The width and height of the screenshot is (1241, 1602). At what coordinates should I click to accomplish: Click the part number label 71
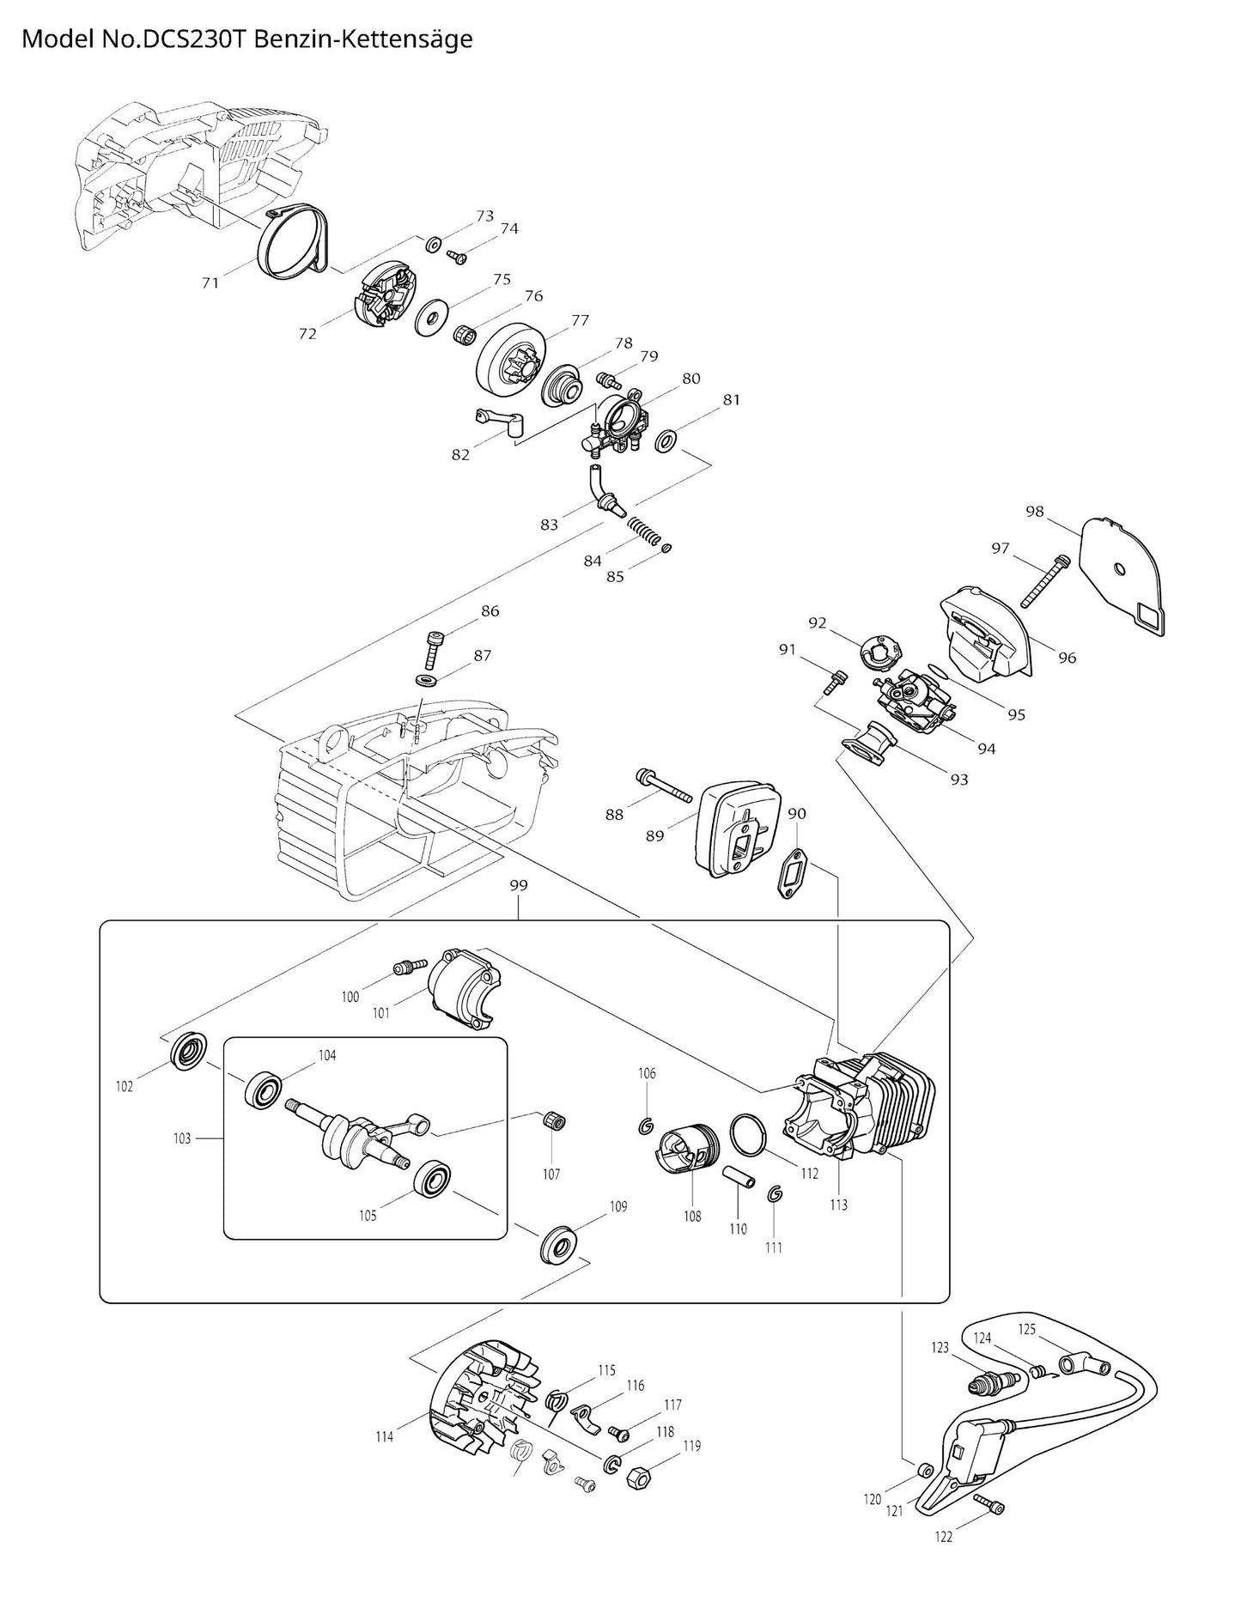pyautogui.click(x=210, y=282)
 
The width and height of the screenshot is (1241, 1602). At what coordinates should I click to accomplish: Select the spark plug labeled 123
pyautogui.click(x=991, y=1382)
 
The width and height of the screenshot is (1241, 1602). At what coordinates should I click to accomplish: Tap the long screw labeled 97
pyautogui.click(x=1043, y=581)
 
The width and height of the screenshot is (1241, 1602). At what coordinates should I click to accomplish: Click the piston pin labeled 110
pyautogui.click(x=739, y=1174)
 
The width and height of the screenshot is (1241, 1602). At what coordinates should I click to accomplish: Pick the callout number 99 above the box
pyautogui.click(x=518, y=885)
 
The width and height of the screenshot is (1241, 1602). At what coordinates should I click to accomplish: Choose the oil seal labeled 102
pyautogui.click(x=188, y=1053)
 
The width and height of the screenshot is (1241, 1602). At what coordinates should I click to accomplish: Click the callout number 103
pyautogui.click(x=182, y=1138)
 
